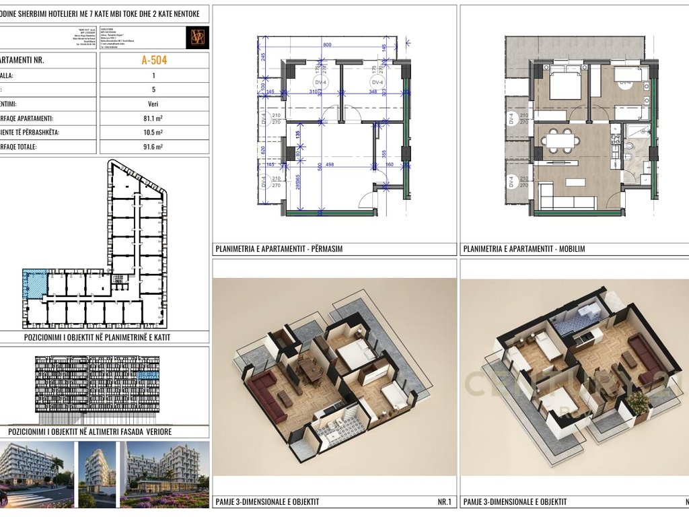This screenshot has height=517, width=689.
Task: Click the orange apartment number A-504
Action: (154, 60)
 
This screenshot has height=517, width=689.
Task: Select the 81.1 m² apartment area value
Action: (154, 118)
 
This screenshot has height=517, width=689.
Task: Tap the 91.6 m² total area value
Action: (154, 146)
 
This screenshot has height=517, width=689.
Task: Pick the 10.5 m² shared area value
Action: (154, 132)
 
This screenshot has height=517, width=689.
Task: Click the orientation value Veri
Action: (154, 104)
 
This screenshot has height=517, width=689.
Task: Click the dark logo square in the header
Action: (198, 37)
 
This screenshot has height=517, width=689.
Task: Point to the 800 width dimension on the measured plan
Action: (327, 44)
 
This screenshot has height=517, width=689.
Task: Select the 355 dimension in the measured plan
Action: (382, 154)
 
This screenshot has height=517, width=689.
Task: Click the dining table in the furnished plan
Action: (560, 140)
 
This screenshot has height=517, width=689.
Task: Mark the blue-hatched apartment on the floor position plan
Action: (34, 284)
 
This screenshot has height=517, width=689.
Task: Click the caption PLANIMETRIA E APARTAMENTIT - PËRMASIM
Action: (279, 249)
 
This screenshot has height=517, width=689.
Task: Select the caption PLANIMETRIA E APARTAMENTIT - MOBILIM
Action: (524, 249)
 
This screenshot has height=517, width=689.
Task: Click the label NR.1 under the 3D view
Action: (445, 502)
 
